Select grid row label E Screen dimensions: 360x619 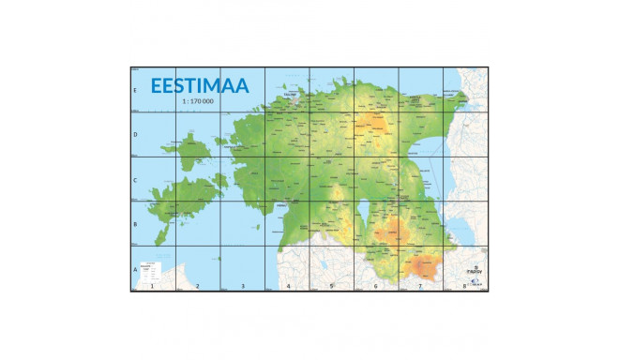tap(136, 91)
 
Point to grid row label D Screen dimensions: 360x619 tap(136, 135)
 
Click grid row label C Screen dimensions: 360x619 tap(136, 180)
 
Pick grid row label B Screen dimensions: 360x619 tap(136, 225)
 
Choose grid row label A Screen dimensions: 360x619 tap(136, 270)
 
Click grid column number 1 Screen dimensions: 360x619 tap(153, 286)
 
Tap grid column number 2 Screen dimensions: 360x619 tap(198, 286)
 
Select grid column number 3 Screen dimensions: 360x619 tap(243, 286)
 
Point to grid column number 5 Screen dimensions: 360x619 tap(332, 286)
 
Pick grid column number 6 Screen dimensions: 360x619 tap(376, 286)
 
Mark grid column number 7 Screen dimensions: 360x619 tap(420, 286)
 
